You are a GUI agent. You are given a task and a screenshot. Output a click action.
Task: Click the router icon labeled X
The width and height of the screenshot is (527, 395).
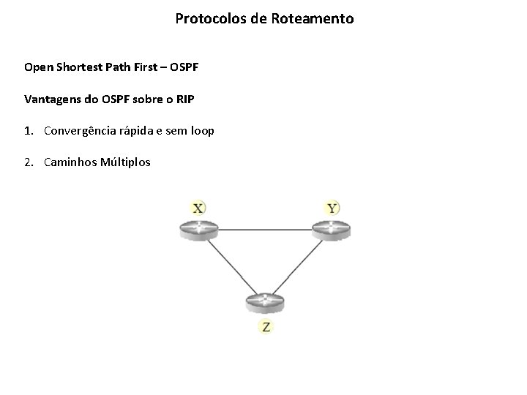click(x=198, y=229)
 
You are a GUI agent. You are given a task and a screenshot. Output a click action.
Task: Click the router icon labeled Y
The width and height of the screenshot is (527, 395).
click(x=332, y=229)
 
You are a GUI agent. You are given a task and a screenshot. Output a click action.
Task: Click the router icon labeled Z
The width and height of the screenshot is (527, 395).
click(x=264, y=301)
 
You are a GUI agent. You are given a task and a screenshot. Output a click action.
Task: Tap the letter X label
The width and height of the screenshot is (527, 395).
click(x=198, y=208)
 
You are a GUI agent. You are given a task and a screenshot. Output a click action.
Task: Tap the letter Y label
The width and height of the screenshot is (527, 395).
click(x=332, y=208)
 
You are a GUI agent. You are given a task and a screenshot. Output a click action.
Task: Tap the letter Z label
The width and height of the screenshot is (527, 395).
click(x=266, y=327)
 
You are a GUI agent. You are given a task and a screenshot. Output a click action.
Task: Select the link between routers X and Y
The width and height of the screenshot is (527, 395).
click(x=265, y=230)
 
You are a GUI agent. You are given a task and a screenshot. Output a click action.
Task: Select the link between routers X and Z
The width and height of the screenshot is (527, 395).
click(x=231, y=265)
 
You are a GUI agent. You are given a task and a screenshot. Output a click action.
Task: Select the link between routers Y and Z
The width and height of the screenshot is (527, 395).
click(x=299, y=265)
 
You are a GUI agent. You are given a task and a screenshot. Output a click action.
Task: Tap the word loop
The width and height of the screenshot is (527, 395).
click(x=201, y=131)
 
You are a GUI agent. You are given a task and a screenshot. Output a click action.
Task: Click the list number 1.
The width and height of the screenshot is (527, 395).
click(x=28, y=131)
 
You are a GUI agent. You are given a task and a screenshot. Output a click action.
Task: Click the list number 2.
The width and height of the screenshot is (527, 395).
click(x=28, y=162)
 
